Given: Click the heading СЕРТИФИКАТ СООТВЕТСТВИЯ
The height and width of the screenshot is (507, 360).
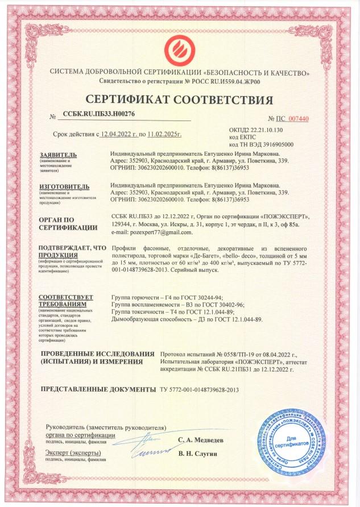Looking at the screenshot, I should point(180,101).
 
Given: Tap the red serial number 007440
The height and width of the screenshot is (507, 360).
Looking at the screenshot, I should point(298,119).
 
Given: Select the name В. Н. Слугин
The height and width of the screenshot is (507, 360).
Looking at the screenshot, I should point(197,453).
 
